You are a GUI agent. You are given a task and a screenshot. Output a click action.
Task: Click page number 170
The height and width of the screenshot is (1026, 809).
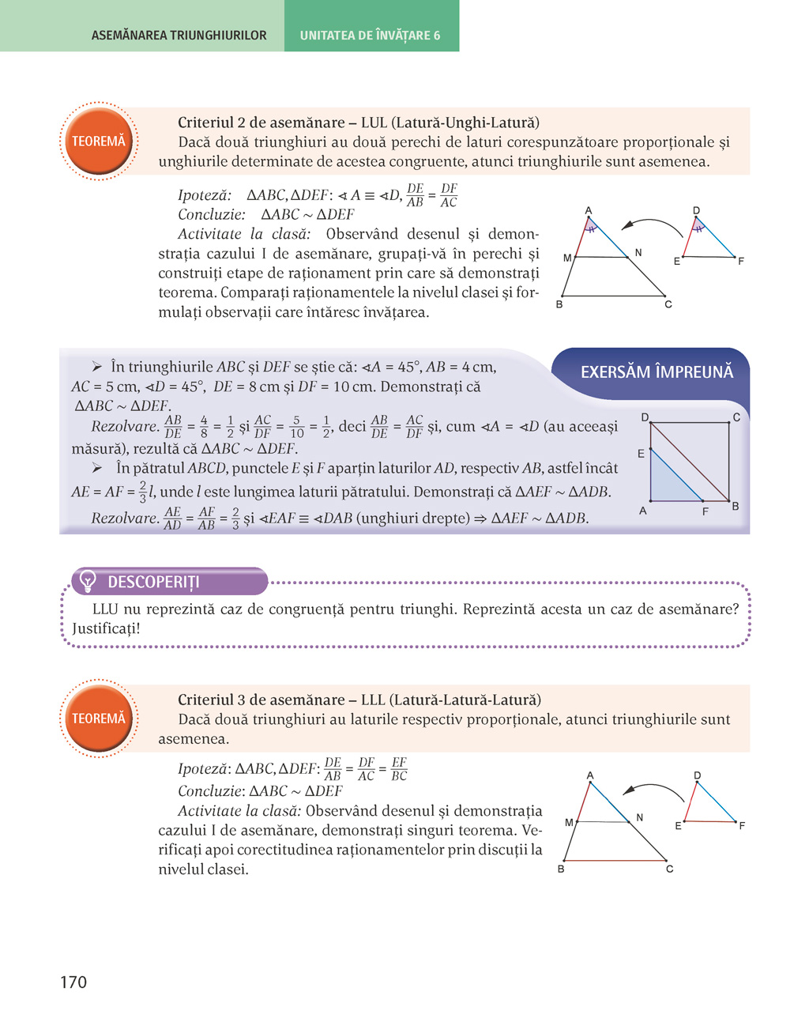[73, 982]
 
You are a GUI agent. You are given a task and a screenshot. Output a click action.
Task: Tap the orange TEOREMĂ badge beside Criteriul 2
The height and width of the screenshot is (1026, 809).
[99, 141]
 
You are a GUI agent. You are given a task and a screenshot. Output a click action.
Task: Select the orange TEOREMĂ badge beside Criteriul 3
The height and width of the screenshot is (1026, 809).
[99, 719]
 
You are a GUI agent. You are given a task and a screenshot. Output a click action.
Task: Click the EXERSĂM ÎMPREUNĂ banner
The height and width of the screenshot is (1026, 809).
[657, 372]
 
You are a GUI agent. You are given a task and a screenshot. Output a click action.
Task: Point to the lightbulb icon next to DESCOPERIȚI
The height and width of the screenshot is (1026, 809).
[88, 582]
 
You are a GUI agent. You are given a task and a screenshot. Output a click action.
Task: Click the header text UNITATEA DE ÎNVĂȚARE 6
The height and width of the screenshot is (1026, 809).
[370, 36]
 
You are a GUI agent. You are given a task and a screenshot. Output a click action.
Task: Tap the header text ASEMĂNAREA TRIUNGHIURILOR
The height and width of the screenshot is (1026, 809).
[179, 36]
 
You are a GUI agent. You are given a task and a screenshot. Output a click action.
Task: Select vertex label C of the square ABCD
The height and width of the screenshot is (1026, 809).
[736, 417]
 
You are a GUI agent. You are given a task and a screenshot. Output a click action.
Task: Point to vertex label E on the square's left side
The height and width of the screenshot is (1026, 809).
[641, 454]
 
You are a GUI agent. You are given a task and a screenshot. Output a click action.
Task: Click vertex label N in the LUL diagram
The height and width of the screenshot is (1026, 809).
[638, 253]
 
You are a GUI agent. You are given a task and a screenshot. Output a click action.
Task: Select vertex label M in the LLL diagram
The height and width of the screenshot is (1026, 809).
[569, 823]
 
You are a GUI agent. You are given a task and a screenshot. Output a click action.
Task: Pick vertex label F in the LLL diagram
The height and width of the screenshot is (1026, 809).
[742, 826]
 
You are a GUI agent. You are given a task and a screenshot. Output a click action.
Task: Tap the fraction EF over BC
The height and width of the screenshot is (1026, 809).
[399, 769]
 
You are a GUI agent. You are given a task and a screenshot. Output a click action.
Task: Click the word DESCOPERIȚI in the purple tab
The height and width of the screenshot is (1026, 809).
[153, 582]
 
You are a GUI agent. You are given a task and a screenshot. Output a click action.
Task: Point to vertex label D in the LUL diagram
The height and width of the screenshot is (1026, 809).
[696, 211]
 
